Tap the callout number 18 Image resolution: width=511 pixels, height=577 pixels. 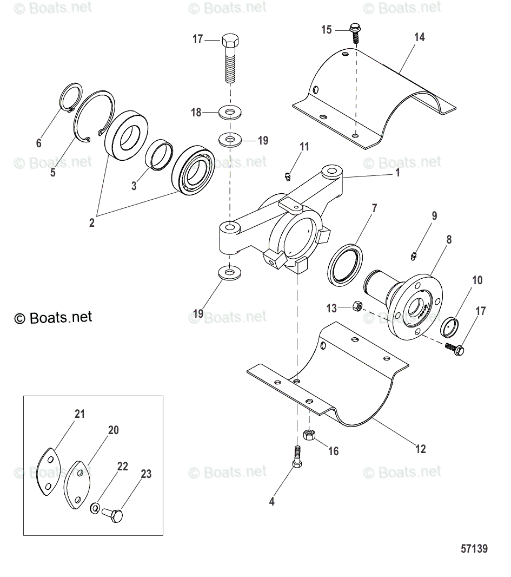(196, 113)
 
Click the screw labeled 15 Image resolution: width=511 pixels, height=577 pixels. (356, 32)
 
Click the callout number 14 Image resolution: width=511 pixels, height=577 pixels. (419, 37)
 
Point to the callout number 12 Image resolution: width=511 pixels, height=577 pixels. (420, 449)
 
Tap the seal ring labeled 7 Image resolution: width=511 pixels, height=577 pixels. (344, 264)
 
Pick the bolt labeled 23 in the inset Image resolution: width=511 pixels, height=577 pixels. (113, 514)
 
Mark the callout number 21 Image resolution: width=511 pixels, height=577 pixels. (79, 415)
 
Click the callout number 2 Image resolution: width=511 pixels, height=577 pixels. (91, 222)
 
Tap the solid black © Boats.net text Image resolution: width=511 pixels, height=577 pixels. (53, 317)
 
